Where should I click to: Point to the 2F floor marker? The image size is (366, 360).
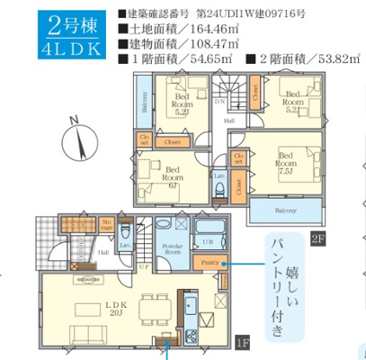(x=317, y=238)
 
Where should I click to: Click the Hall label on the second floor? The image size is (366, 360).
(x=230, y=120)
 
